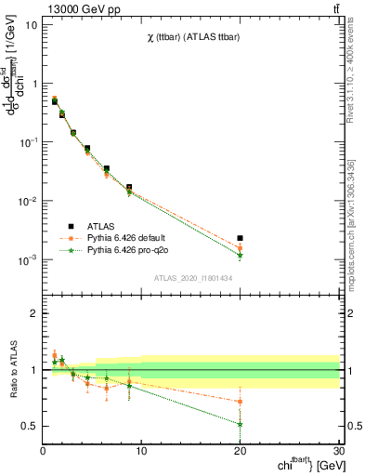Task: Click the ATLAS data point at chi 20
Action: click(241, 238)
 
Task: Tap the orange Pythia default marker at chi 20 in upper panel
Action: click(241, 248)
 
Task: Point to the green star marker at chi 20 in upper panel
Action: click(241, 255)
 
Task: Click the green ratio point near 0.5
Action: click(241, 424)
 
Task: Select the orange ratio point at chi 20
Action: click(241, 402)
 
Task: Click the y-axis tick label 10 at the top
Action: click(31, 24)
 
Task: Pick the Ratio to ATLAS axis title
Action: click(12, 369)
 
